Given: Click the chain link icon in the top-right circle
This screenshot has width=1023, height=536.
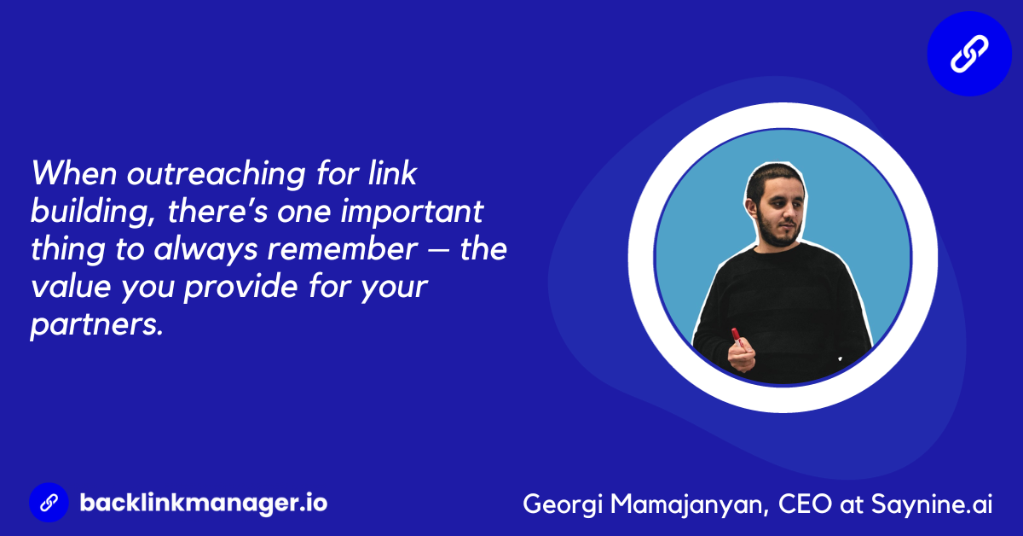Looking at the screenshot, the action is pyautogui.click(x=969, y=54).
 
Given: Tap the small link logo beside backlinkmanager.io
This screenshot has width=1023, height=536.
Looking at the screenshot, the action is pyautogui.click(x=49, y=503).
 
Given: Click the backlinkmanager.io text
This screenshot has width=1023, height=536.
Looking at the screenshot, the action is pyautogui.click(x=204, y=503).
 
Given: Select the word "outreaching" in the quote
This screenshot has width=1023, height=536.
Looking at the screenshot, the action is pyautogui.click(x=216, y=175).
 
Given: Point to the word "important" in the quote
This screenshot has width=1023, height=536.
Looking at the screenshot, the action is pyautogui.click(x=412, y=213).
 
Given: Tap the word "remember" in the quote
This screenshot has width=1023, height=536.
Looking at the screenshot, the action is pyautogui.click(x=342, y=249).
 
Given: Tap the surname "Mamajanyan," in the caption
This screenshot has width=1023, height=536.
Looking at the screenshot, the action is pyautogui.click(x=690, y=504).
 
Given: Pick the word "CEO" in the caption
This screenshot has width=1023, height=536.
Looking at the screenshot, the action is pyautogui.click(x=805, y=504).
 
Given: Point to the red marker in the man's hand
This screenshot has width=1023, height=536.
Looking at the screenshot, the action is pyautogui.click(x=737, y=337).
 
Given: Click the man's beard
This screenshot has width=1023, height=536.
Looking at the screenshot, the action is pyautogui.click(x=778, y=231).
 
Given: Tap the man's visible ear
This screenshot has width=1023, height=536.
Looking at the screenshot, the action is pyautogui.click(x=752, y=208).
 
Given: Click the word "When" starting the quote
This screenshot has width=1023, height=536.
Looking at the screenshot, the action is pyautogui.click(x=74, y=173).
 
